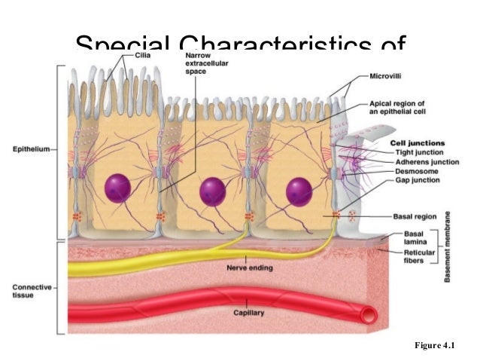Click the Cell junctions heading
pyautogui.click(x=417, y=142)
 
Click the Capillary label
pyautogui.click(x=249, y=311)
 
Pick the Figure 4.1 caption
pyautogui.click(x=436, y=346)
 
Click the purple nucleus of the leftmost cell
pyautogui.click(x=119, y=188)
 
